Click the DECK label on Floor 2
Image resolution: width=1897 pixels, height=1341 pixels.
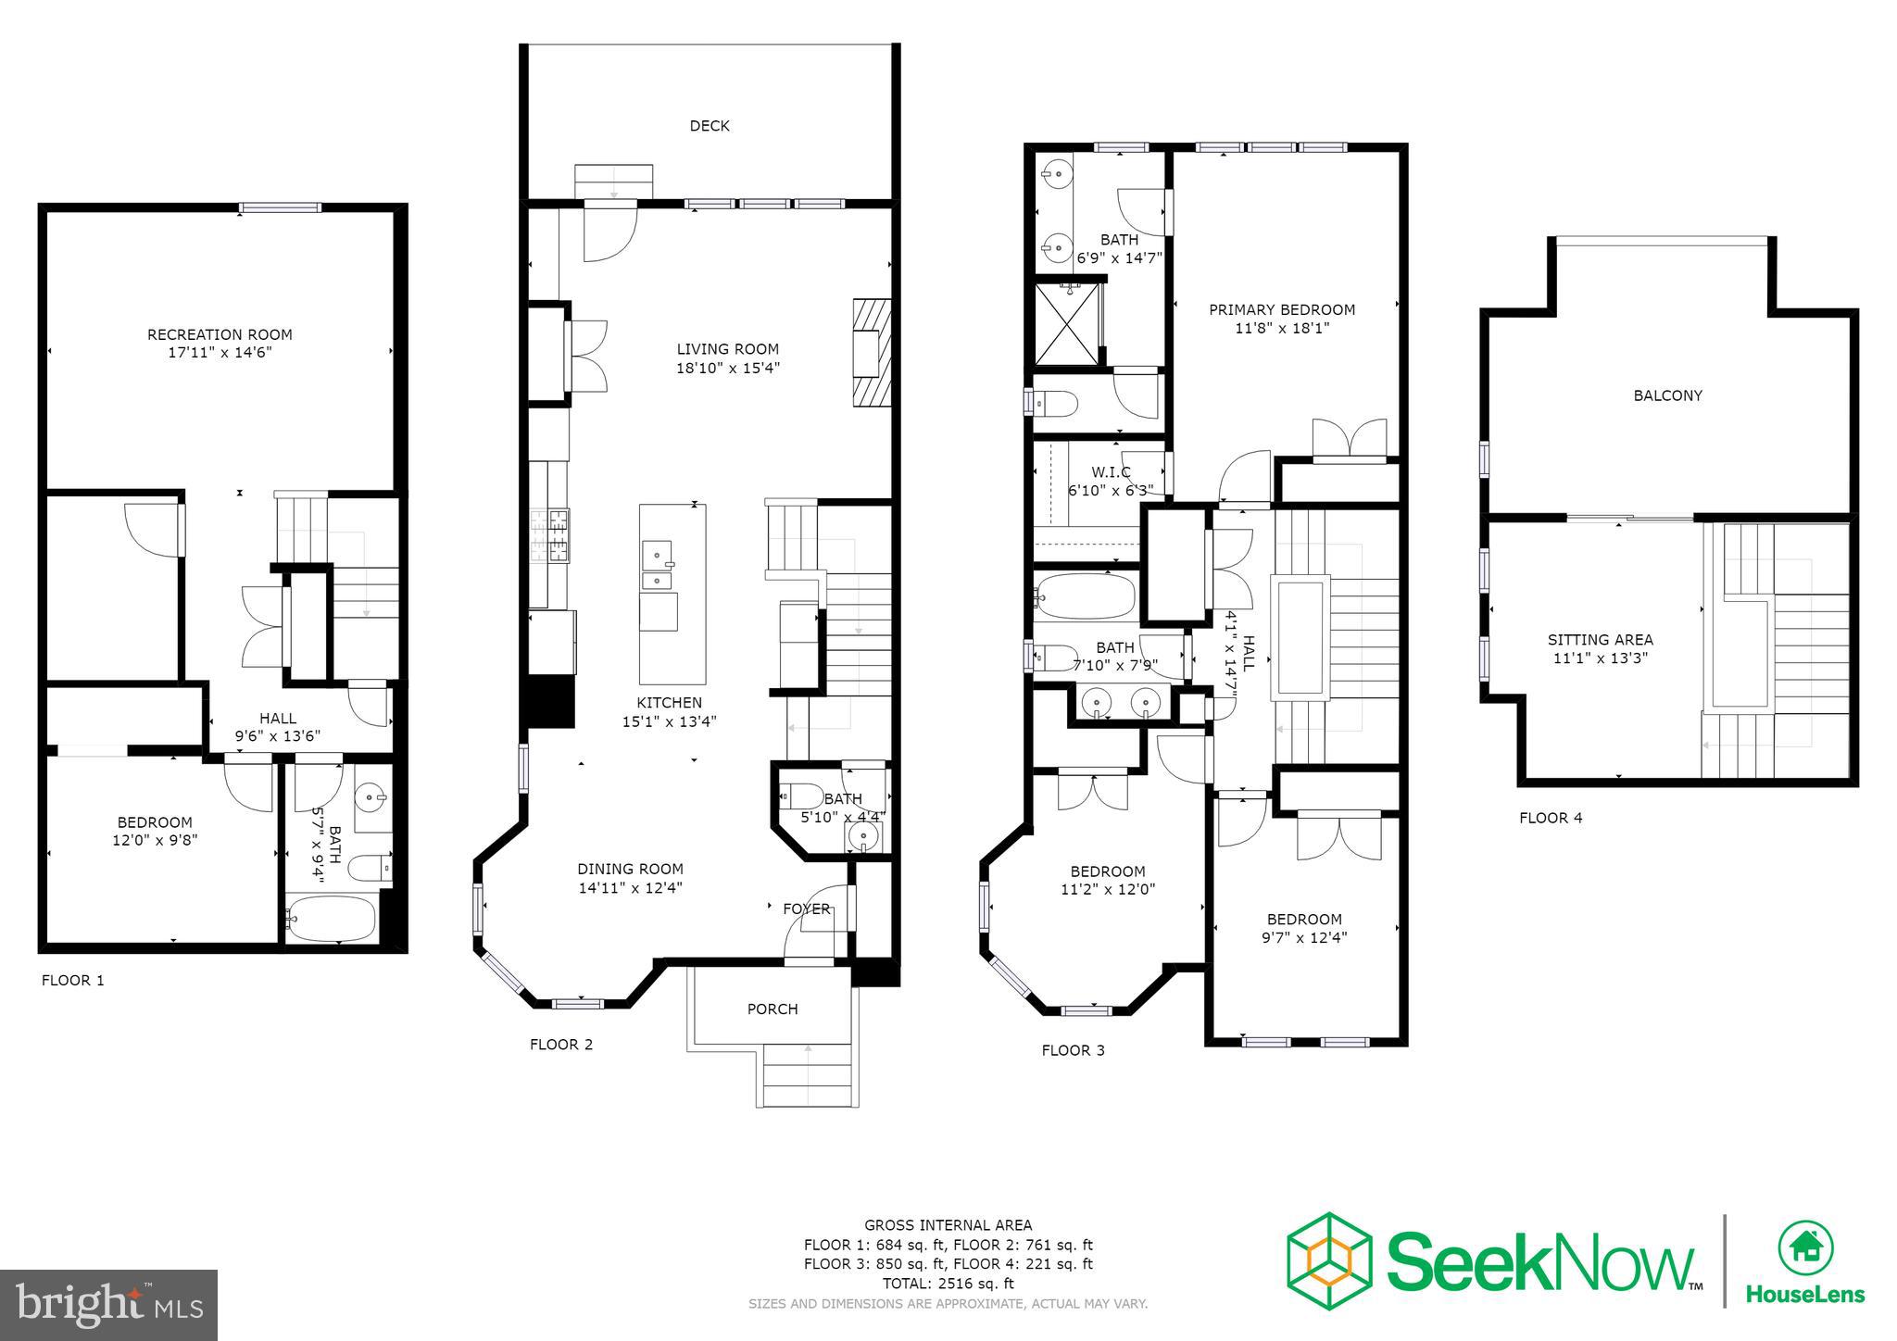(x=709, y=126)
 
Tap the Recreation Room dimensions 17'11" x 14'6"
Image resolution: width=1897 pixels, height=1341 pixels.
(x=220, y=353)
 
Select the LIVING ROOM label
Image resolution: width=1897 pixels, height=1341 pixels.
(x=727, y=349)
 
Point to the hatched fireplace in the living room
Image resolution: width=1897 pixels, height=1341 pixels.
(x=871, y=352)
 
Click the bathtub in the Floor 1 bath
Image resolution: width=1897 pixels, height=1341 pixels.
(x=331, y=918)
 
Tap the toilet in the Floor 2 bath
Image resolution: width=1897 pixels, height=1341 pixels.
(x=802, y=796)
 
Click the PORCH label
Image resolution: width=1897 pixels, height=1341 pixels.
(x=772, y=1009)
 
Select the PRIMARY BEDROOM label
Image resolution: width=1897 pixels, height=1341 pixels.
(x=1281, y=309)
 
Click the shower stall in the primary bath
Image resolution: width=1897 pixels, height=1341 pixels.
(x=1066, y=324)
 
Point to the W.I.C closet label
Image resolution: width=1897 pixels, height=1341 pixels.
(x=1110, y=472)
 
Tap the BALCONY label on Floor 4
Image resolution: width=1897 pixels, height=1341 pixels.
(x=1667, y=395)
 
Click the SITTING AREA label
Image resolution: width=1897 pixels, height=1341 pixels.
(x=1600, y=640)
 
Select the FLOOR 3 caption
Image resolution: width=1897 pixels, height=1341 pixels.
(x=1073, y=1050)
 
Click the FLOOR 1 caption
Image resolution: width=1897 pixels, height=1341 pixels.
(x=73, y=980)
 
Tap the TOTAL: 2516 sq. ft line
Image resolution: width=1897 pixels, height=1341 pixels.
(x=948, y=1284)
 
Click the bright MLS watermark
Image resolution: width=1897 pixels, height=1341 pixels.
(x=109, y=1305)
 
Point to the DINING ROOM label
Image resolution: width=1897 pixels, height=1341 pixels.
(x=630, y=869)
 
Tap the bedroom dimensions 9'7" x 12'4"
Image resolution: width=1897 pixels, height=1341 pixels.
(x=1304, y=937)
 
